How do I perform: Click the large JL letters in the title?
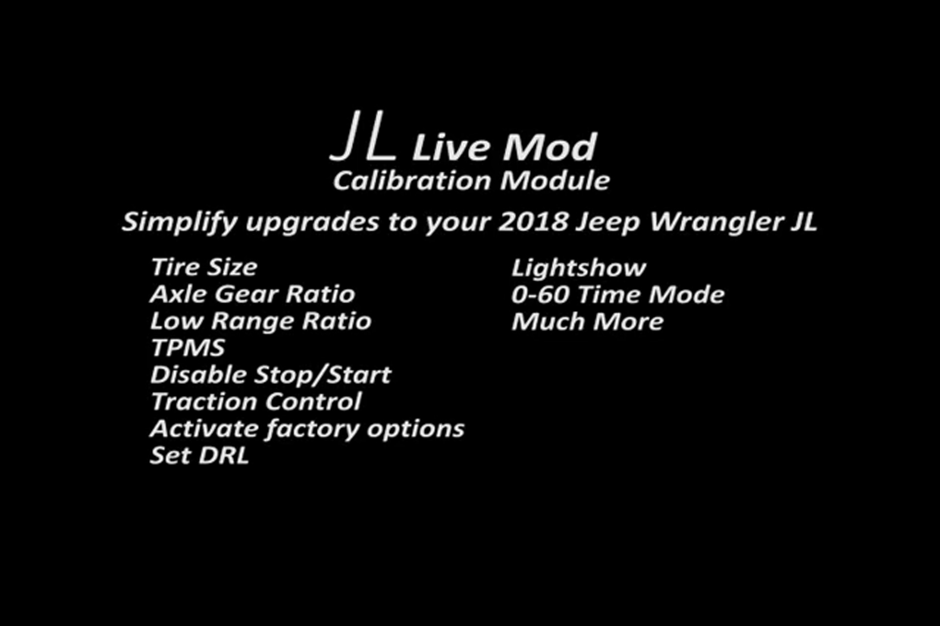(363, 136)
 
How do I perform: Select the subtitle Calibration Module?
(471, 181)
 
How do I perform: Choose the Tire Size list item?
(204, 267)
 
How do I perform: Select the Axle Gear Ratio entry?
(252, 294)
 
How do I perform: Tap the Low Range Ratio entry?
(260, 321)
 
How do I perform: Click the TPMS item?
(188, 348)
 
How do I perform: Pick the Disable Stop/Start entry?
(270, 375)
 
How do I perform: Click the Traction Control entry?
(256, 402)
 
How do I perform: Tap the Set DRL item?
(199, 456)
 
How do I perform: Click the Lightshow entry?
(579, 268)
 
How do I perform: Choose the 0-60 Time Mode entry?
(617, 295)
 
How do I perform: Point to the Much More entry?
(587, 322)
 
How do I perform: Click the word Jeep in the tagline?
(608, 223)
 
